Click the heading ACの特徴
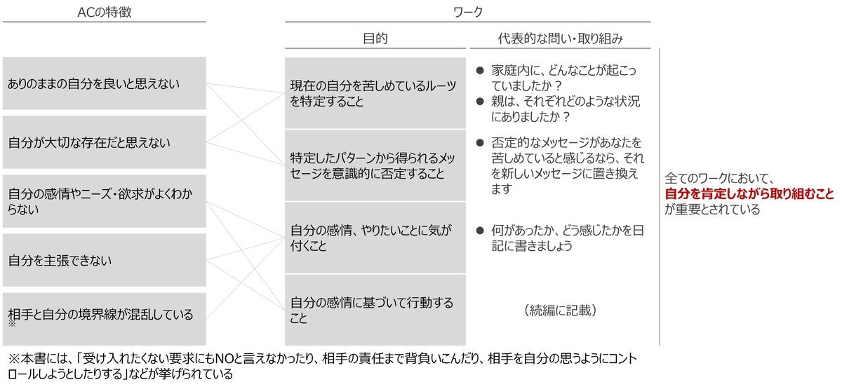(105, 12)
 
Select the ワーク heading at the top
(468, 12)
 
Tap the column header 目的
(375, 39)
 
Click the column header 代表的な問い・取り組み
(561, 39)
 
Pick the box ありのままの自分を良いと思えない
(104, 83)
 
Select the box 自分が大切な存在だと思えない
(104, 142)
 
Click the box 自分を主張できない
(104, 260)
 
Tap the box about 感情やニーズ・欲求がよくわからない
(104, 201)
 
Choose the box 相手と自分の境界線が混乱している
(104, 319)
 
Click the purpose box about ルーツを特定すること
(375, 93)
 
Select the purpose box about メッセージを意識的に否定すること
(375, 165)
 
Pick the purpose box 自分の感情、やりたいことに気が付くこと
(375, 238)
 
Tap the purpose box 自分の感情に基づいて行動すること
(375, 310)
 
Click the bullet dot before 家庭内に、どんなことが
(480, 70)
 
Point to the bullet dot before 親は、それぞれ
(480, 102)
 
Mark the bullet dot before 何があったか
(480, 230)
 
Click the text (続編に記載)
(560, 310)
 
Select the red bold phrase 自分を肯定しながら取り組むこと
(749, 193)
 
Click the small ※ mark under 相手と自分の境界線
(12, 324)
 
